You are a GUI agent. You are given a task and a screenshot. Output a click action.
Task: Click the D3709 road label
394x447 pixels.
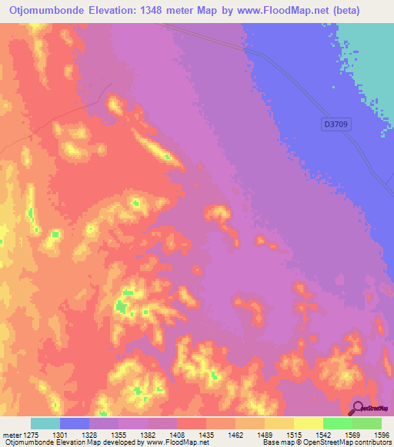(334, 123)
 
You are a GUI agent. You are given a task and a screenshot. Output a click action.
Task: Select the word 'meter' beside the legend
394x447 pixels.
(11, 434)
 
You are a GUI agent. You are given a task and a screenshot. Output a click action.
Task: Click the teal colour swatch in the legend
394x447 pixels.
(45, 423)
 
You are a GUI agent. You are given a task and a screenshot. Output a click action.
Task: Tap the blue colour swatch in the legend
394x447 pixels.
(75, 423)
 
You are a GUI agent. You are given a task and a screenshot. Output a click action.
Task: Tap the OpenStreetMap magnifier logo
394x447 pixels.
(357, 408)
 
